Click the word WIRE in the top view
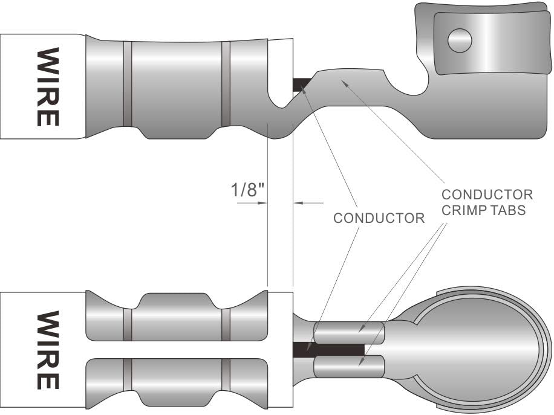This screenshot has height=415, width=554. [48, 86]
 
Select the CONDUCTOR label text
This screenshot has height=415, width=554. [379, 218]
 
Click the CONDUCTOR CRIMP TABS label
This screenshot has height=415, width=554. [487, 202]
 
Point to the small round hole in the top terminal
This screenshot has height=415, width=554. [459, 40]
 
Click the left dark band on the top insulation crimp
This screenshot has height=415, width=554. [127, 84]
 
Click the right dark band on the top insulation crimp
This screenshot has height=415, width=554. [226, 84]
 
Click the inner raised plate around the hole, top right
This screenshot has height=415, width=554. [490, 42]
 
